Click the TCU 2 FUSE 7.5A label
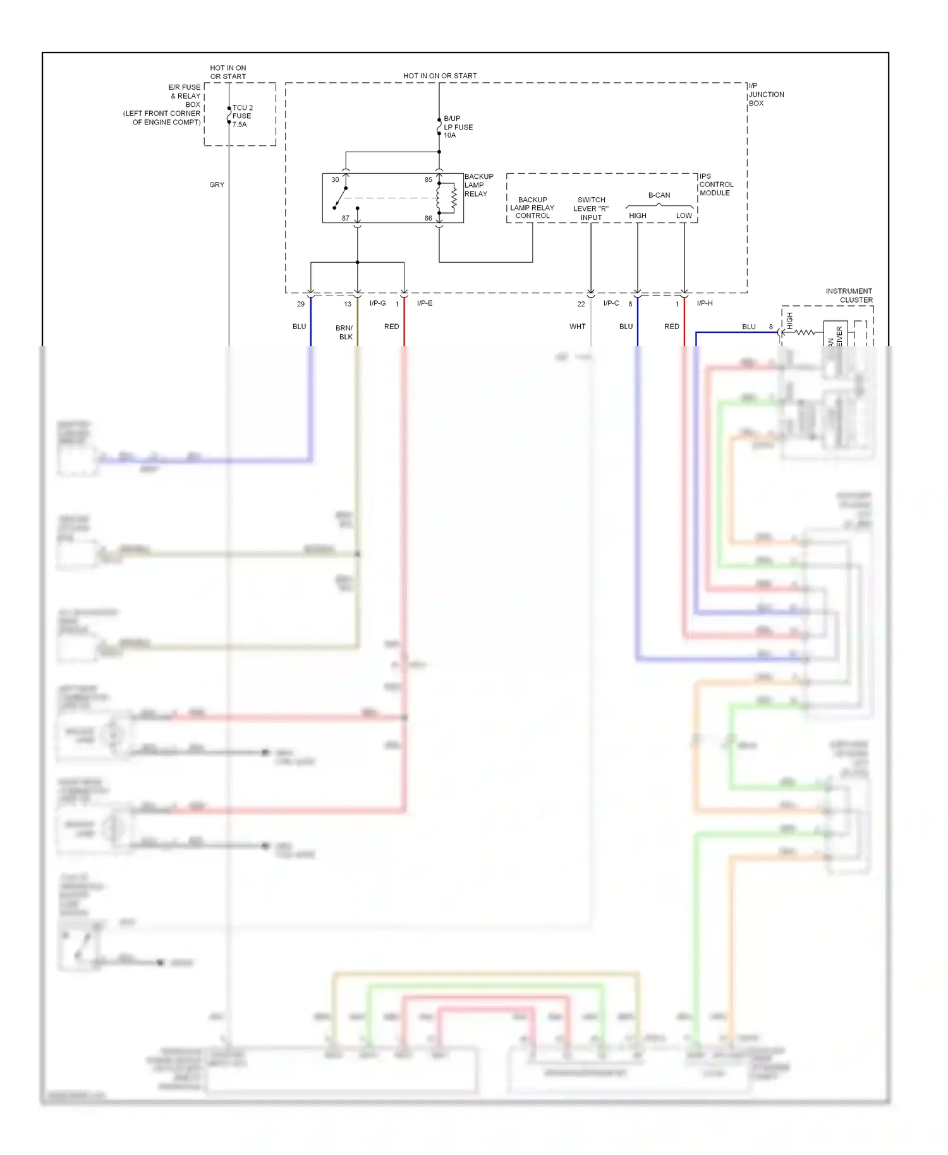[x=242, y=116]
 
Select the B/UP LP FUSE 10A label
[x=458, y=127]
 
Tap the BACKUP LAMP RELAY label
[x=478, y=185]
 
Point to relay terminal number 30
[x=335, y=180]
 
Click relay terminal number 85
[x=428, y=180]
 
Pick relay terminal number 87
[x=345, y=218]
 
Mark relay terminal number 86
[x=428, y=218]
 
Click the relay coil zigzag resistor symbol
[x=453, y=198]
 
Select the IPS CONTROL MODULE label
[x=716, y=184]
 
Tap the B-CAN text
[x=659, y=195]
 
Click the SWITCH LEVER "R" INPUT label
[x=591, y=209]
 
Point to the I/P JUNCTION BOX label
[x=765, y=95]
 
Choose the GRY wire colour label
[x=217, y=185]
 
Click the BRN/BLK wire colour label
[x=344, y=332]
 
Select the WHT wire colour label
[x=577, y=327]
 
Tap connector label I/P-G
[x=377, y=303]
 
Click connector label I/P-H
[x=704, y=303]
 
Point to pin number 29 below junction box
[x=301, y=304]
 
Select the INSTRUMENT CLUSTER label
[x=849, y=296]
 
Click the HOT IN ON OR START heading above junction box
[x=440, y=76]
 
